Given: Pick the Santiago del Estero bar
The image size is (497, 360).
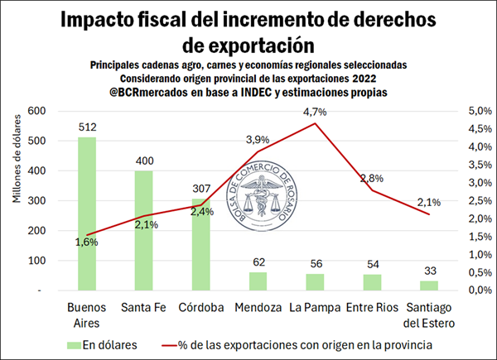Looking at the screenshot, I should (428, 286).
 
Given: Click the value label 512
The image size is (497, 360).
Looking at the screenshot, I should (87, 127).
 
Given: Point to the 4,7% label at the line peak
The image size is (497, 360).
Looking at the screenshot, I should (315, 111).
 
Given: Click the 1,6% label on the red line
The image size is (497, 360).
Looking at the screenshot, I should (86, 242).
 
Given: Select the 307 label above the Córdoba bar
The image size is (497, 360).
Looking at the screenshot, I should (201, 188).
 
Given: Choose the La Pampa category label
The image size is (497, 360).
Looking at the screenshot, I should (315, 307).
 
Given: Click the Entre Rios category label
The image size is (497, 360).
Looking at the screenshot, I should (371, 307).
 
